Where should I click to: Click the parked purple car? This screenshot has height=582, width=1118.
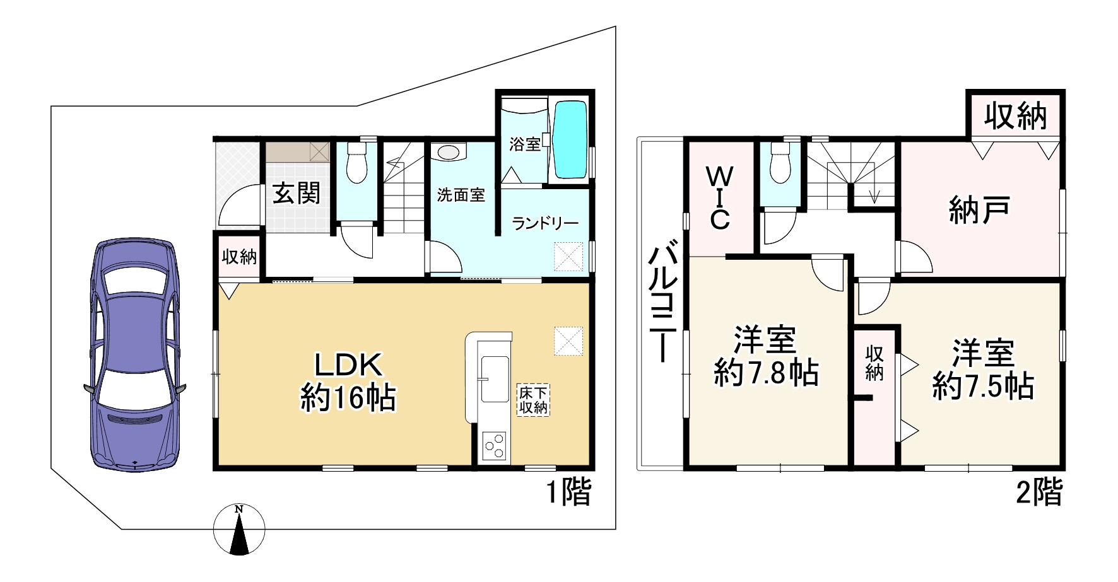(135, 354)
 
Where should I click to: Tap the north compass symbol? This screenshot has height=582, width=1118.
(239, 530)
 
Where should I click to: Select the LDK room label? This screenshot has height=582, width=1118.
(348, 364)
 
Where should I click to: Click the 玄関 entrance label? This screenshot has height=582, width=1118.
(296, 193)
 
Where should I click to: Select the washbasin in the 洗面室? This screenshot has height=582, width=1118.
(448, 153)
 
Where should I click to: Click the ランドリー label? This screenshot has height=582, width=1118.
(544, 223)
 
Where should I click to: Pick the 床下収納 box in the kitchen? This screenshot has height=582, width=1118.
(533, 400)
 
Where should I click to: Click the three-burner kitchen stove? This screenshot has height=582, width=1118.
(493, 446)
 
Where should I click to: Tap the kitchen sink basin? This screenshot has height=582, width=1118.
(495, 379)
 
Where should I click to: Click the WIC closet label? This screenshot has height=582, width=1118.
(720, 197)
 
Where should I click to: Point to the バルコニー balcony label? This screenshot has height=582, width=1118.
(662, 305)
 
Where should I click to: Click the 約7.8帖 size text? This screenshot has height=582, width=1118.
(766, 373)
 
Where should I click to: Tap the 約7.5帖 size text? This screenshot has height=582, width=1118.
(982, 386)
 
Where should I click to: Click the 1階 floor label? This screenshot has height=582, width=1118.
(568, 492)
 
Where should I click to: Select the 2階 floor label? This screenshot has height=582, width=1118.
(1039, 492)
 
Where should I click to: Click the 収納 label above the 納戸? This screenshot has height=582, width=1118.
(1015, 116)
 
